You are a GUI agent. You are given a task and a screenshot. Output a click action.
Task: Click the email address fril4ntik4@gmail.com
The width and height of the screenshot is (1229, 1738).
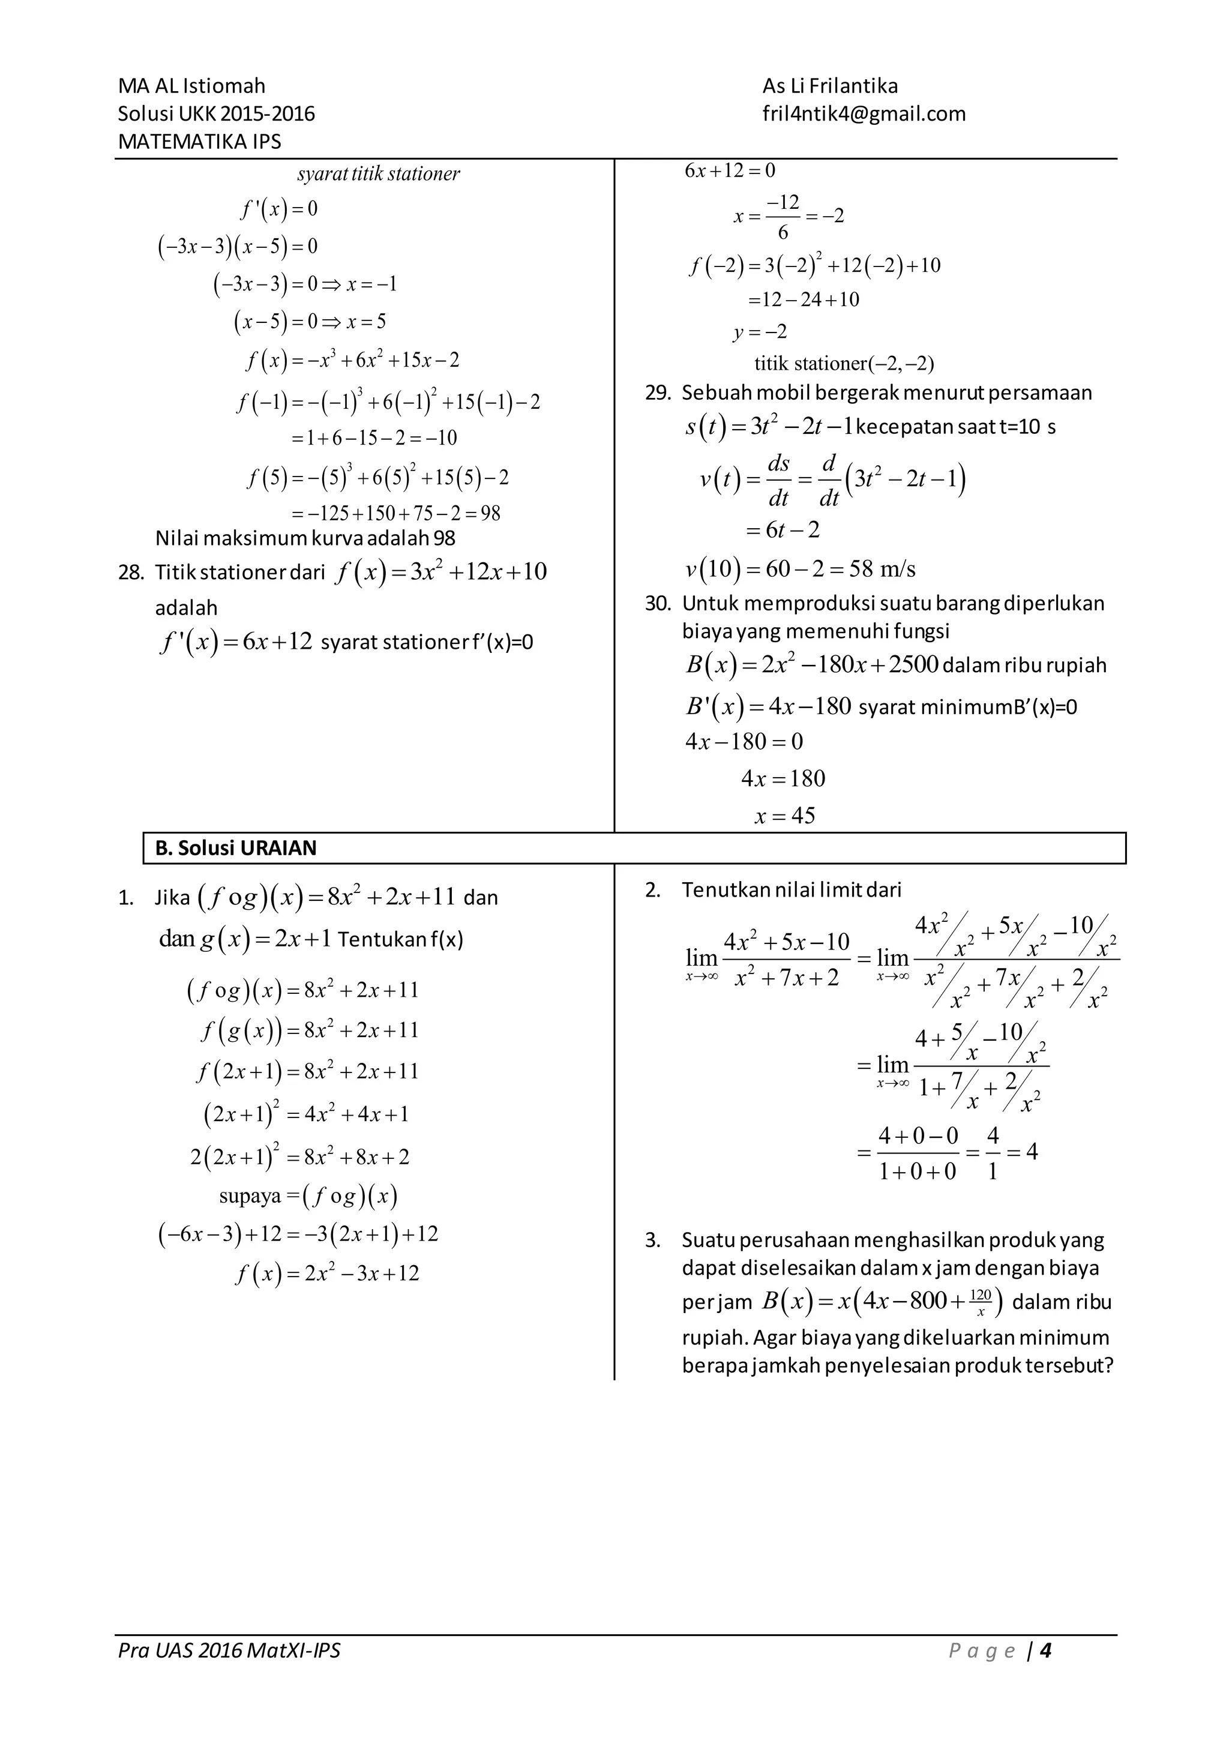(864, 114)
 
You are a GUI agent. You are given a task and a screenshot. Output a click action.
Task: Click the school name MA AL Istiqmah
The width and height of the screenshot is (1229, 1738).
(191, 86)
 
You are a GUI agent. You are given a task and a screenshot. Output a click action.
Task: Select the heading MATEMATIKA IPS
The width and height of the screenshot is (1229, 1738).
(199, 142)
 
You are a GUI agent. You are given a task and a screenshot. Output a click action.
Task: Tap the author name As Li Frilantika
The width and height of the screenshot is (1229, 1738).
(829, 86)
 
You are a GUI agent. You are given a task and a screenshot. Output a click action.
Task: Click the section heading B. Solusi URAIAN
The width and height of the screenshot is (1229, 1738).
(235, 848)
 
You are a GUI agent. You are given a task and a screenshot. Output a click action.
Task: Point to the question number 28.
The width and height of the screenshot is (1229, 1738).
(130, 573)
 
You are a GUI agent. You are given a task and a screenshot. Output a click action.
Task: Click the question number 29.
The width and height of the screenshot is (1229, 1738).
(658, 393)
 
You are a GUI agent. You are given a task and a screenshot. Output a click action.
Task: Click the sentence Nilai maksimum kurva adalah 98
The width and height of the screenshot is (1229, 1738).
(305, 538)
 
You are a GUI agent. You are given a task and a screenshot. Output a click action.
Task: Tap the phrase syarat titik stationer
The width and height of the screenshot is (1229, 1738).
(379, 174)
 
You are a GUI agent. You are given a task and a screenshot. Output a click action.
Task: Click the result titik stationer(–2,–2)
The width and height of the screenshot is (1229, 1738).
(844, 364)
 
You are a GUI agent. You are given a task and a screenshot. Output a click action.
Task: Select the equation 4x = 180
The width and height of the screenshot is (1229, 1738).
(783, 778)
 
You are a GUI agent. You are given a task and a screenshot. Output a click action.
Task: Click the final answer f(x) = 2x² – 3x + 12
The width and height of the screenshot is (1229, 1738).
(327, 1274)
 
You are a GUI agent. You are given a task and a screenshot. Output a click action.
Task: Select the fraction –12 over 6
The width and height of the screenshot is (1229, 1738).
(783, 217)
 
